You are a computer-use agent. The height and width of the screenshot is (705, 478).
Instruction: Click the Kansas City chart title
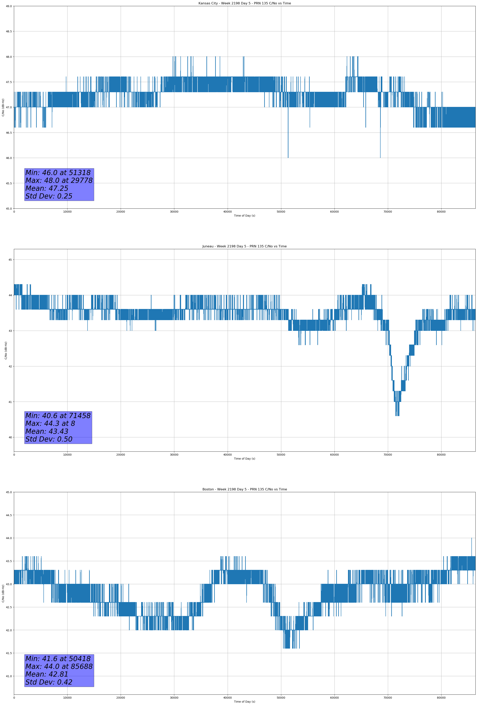[x=244, y=3]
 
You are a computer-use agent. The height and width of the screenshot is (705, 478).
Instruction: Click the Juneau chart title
[x=244, y=246]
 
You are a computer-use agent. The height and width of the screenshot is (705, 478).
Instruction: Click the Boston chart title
[x=244, y=489]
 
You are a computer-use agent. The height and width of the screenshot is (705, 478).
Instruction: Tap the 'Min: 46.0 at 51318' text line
[x=58, y=173]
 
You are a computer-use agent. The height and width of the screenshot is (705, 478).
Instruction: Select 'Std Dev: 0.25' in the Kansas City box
[x=49, y=196]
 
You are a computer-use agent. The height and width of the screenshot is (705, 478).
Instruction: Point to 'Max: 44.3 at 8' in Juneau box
[x=50, y=423]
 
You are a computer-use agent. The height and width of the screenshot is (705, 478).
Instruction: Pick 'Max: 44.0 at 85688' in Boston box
[x=59, y=666]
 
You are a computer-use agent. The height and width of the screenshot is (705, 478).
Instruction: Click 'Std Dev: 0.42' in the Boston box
[x=49, y=682]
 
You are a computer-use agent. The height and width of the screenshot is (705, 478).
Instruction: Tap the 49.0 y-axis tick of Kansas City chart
[x=9, y=6]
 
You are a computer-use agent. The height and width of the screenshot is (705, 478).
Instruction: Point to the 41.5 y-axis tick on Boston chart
[x=9, y=653]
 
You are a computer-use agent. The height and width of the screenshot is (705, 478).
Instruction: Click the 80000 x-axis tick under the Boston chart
[x=441, y=697]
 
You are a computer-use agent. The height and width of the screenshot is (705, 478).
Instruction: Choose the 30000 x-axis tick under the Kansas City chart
[x=174, y=212]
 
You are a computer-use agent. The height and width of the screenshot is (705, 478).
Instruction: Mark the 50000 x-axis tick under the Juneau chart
[x=281, y=455]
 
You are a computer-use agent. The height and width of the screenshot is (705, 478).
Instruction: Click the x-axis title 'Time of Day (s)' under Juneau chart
[x=244, y=459]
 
